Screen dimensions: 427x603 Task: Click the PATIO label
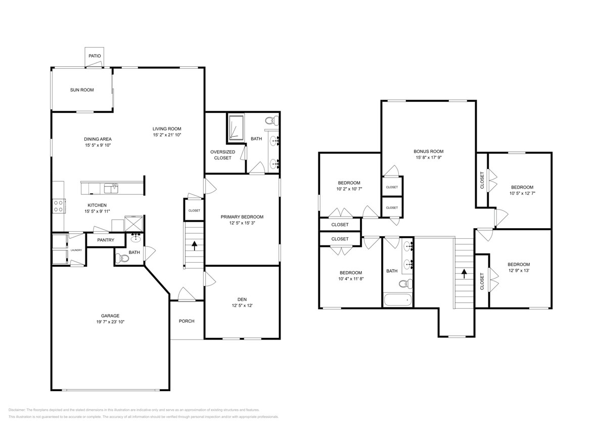point(95,56)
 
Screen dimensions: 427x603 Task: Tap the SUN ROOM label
point(82,90)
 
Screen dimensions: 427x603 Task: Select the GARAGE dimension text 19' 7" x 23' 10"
point(111,322)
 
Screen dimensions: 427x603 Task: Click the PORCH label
point(187,321)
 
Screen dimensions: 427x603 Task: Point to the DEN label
point(242,298)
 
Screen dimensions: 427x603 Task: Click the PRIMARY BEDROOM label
point(242,217)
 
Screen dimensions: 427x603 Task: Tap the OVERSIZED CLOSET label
point(223,155)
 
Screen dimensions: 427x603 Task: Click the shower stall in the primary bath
point(235,127)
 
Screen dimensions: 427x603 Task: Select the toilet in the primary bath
point(271,121)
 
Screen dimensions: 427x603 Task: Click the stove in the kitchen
point(59,205)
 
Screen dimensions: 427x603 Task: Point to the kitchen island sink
point(111,188)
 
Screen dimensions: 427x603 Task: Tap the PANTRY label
point(106,240)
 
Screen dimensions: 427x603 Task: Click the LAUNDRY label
point(76,250)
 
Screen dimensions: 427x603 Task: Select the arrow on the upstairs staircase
point(464,274)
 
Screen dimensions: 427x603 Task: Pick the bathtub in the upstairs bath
point(398,300)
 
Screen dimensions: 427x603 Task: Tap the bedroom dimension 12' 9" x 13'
point(519,271)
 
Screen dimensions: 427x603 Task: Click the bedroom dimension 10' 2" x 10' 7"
point(349,189)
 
